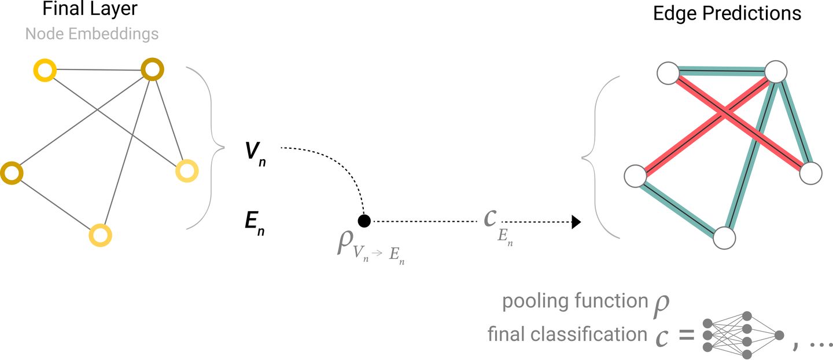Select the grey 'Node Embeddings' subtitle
92,34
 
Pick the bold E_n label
255,224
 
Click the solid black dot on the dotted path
364,221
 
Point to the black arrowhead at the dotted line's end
576,221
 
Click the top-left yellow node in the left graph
45,71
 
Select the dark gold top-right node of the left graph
153,71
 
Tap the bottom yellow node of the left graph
100,234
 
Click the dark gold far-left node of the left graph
11,173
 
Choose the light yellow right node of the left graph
187,171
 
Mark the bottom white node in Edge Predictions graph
724,237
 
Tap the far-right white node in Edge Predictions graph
811,173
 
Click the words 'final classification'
567,334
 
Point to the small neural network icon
743,335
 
